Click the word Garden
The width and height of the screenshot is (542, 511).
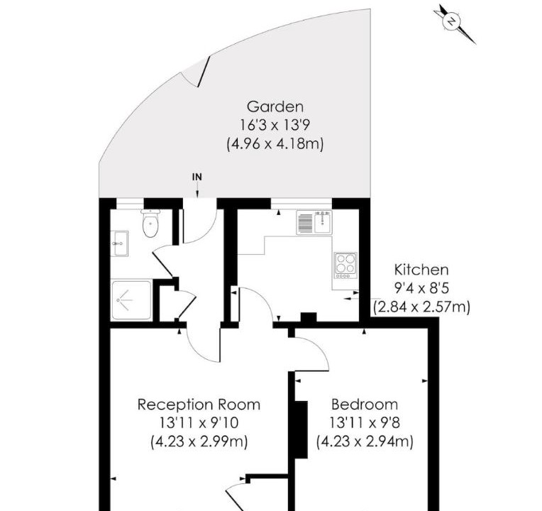pos(275,106)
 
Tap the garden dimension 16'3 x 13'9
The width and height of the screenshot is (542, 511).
pos(275,125)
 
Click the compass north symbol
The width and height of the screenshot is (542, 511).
pos(452,21)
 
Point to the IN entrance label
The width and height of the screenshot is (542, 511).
pos(197,177)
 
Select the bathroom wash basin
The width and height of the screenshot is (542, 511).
pos(119,243)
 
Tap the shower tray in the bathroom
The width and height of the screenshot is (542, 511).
pos(131,300)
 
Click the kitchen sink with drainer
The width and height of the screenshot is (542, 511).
pos(314,222)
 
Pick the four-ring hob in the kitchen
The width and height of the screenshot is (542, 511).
pos(345,265)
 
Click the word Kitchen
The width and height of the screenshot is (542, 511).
pos(421,270)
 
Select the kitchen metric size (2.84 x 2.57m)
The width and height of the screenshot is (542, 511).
pos(421,307)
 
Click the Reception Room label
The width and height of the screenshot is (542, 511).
pos(199,404)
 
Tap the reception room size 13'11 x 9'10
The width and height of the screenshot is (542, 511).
pos(199,422)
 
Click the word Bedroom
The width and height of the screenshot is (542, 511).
pos(365,404)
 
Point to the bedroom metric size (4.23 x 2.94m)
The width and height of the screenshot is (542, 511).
pos(365,441)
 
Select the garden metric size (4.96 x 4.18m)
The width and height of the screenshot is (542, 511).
pos(275,143)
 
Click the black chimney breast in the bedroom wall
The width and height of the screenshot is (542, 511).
pos(301,429)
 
